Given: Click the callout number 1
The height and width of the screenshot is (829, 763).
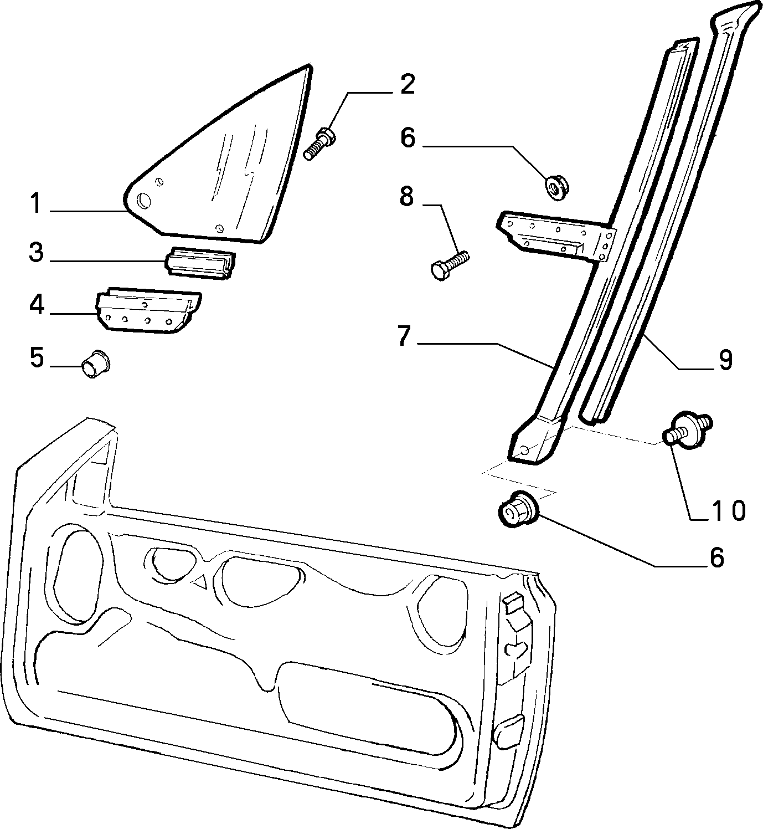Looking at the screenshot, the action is pos(37,204).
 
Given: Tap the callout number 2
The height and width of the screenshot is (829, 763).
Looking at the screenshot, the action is pos(407,85).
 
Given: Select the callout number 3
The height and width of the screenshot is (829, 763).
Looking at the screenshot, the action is pos(37,253).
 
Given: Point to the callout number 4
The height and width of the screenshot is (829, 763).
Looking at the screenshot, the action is pos(37,305).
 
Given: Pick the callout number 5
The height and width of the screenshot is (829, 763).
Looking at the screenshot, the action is pos(37,358).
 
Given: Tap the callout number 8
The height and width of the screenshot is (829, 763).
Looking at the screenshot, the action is pos(406,197).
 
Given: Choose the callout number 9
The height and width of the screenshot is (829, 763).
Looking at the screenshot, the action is pos(725,360).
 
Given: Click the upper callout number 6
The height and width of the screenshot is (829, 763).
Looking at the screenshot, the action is pos(408,138).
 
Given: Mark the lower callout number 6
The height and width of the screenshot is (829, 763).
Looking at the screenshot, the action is pos(716,557).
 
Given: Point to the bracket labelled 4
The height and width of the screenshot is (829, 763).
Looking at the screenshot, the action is pos(148,310).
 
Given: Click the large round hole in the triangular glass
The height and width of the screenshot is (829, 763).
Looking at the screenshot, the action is pos(144,201).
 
